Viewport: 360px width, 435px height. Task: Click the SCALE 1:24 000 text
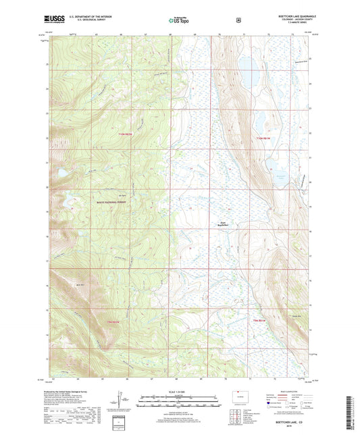[180, 392]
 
